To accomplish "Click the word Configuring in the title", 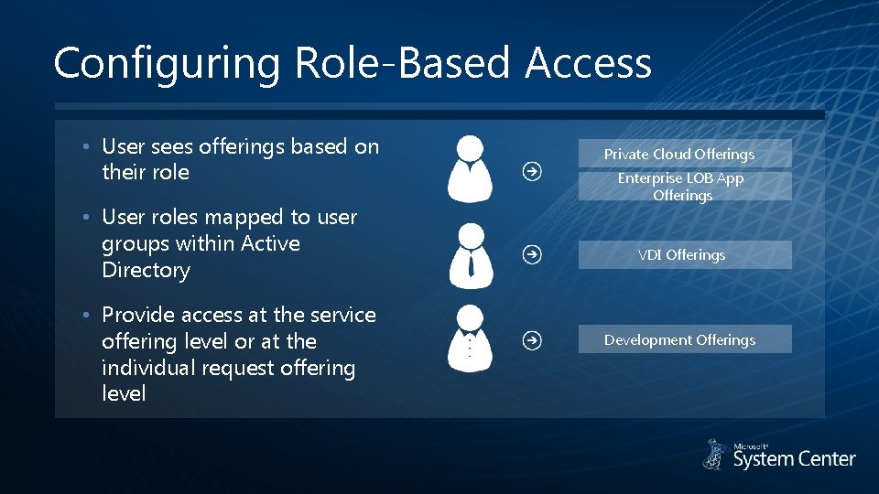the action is click(x=168, y=64).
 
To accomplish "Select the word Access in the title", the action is click(x=589, y=64).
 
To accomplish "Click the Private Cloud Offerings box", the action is click(x=684, y=154).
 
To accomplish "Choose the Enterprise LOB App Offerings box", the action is click(x=684, y=187).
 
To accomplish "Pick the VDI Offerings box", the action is click(x=684, y=255).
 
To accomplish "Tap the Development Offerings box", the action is click(x=684, y=339).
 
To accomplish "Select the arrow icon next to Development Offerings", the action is click(x=530, y=340).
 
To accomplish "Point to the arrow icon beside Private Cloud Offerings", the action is click(x=530, y=170).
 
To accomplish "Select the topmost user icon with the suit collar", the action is click(x=469, y=168).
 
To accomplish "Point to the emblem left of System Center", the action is click(x=715, y=455).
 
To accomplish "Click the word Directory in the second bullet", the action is click(x=146, y=270).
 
